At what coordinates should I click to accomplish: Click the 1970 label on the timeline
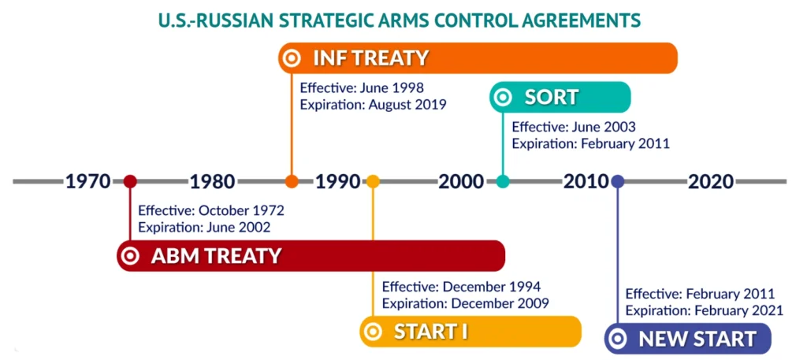click(87, 182)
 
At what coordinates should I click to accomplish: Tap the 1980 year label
click(212, 182)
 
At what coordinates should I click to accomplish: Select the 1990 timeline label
click(337, 182)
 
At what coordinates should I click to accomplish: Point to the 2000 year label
click(462, 182)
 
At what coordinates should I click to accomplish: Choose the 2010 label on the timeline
click(586, 182)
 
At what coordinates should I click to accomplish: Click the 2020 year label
click(711, 182)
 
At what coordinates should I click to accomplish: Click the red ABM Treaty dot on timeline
click(131, 182)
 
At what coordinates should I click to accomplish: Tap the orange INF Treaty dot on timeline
click(292, 182)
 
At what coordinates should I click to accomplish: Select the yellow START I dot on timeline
click(373, 182)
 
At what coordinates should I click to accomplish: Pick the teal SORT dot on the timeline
click(504, 182)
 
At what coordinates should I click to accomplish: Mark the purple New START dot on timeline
click(618, 182)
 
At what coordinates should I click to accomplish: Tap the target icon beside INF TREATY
click(292, 58)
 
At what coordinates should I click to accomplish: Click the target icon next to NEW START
click(619, 340)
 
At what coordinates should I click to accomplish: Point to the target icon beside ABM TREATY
click(131, 256)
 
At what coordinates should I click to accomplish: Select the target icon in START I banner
click(374, 332)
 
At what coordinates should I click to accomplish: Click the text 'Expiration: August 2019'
click(373, 104)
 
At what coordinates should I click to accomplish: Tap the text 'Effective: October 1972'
click(211, 211)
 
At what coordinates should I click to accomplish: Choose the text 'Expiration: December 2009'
click(466, 302)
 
